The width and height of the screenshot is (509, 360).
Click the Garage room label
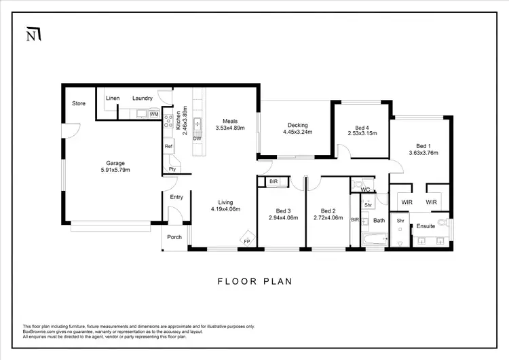pyautogui.click(x=115, y=163)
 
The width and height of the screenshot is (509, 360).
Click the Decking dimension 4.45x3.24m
pyautogui.click(x=297, y=132)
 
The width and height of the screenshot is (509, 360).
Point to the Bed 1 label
pyautogui.click(x=423, y=145)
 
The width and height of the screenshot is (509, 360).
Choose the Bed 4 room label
pyautogui.click(x=362, y=127)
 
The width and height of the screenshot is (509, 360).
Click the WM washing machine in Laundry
pyautogui.click(x=154, y=114)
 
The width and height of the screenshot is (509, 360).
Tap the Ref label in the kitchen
pyautogui.click(x=168, y=146)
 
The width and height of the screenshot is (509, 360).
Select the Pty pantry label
pyautogui.click(x=172, y=169)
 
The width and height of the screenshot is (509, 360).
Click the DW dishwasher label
pyautogui.click(x=197, y=139)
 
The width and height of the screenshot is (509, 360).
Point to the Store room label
pyautogui.click(x=79, y=104)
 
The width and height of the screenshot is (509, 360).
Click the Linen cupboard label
pyautogui.click(x=113, y=98)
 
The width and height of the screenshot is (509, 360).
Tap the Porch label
pyautogui.click(x=174, y=238)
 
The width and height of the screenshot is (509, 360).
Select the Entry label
pyautogui.click(x=176, y=197)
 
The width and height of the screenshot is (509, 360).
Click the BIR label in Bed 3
pyautogui.click(x=273, y=181)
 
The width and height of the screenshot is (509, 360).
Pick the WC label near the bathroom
pyautogui.click(x=364, y=190)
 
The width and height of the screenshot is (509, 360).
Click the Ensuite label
pyautogui.click(x=426, y=226)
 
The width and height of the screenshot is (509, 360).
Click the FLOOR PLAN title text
pyautogui.click(x=254, y=281)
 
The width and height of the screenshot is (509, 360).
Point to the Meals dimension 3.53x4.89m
pyautogui.click(x=229, y=127)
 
